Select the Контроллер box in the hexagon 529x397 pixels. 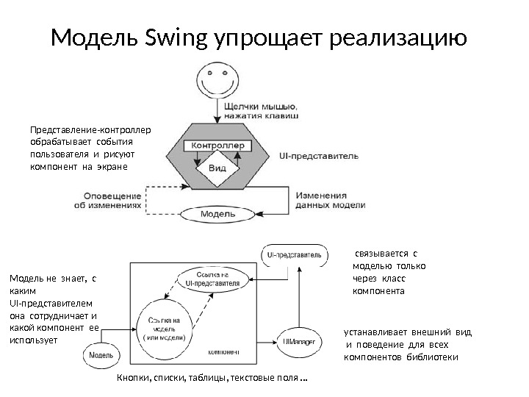point(217,146)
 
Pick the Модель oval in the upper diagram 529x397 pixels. point(217,214)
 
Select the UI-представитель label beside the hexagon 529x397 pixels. point(319,156)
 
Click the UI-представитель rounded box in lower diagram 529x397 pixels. point(293,254)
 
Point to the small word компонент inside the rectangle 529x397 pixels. point(225,351)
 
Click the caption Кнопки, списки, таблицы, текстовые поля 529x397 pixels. point(212,379)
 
